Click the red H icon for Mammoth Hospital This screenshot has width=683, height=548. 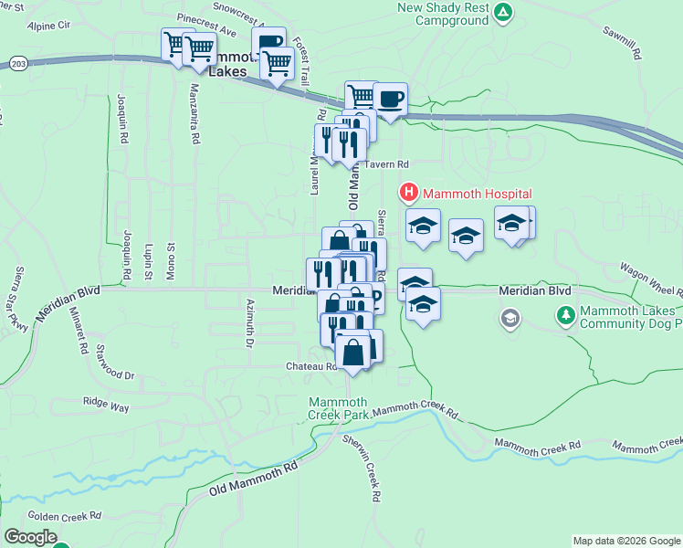coord(408,193)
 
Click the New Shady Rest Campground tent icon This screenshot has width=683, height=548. coord(503,12)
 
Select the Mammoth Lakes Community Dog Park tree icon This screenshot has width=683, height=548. coord(565,315)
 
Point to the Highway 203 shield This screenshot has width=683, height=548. coord(18,61)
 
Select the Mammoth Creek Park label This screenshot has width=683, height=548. coord(338,408)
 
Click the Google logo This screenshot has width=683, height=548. coord(29,537)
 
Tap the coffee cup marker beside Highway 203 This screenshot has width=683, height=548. coord(390,99)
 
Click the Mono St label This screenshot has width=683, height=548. coord(170,258)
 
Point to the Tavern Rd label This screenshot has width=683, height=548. coord(389,163)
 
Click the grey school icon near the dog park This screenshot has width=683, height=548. coord(510,318)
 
